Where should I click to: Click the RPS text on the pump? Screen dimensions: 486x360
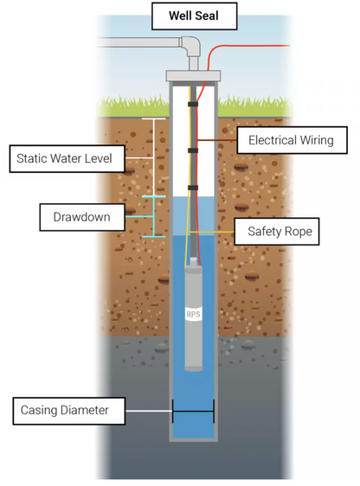coord(194,314)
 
